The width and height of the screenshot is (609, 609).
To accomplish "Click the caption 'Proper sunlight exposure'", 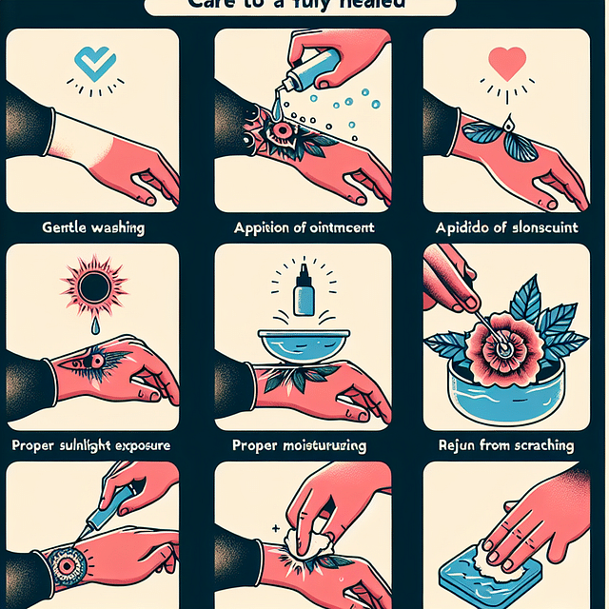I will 92,444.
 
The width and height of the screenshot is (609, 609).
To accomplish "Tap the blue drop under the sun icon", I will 92,324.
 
